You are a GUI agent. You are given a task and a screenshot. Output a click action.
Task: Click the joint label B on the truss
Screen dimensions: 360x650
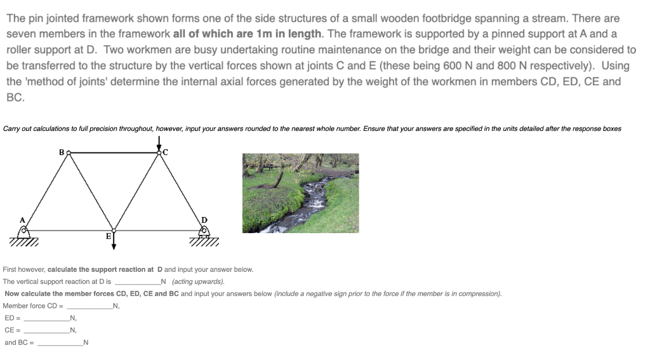click(62, 151)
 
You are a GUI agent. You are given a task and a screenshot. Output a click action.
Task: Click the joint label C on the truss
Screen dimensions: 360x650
click(166, 152)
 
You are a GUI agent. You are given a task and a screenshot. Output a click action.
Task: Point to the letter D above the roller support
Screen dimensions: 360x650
click(204, 220)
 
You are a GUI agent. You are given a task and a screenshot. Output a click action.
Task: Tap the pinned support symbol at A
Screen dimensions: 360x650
click(23, 234)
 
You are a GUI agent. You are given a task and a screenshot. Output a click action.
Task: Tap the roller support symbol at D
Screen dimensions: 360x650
click(204, 234)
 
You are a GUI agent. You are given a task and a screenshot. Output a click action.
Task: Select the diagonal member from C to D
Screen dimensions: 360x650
click(181, 190)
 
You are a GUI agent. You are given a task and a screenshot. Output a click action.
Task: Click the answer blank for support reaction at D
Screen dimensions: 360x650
click(136, 281)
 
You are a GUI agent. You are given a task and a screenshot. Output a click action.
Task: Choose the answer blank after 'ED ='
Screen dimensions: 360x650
click(46, 317)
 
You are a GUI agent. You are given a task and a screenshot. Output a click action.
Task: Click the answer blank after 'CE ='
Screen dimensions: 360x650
click(46, 330)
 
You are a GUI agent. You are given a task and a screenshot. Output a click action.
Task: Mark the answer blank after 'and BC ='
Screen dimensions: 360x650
click(60, 342)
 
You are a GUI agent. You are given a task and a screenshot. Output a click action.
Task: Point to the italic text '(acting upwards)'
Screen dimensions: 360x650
click(198, 282)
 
